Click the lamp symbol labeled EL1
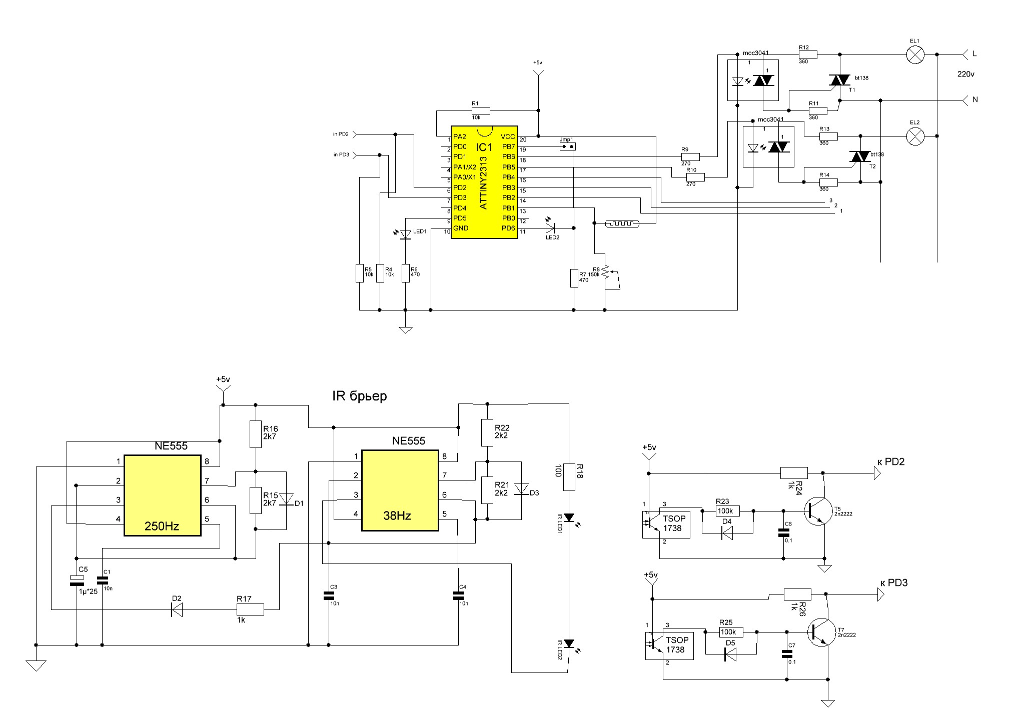coord(915,55)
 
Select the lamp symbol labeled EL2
coord(915,136)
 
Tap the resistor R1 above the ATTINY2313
coord(481,110)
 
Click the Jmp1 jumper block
coord(567,146)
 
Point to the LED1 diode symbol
coord(405,234)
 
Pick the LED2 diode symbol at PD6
coord(551,228)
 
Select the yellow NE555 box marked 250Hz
coord(163,495)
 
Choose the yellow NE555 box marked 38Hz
coord(400,490)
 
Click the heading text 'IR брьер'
coord(359,396)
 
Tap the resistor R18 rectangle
coord(569,476)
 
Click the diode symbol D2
coord(176,609)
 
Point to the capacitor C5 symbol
coord(77,580)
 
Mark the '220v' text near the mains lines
coord(965,74)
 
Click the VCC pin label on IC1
coord(508,136)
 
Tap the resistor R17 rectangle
coord(250,609)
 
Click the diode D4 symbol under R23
coord(727,533)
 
